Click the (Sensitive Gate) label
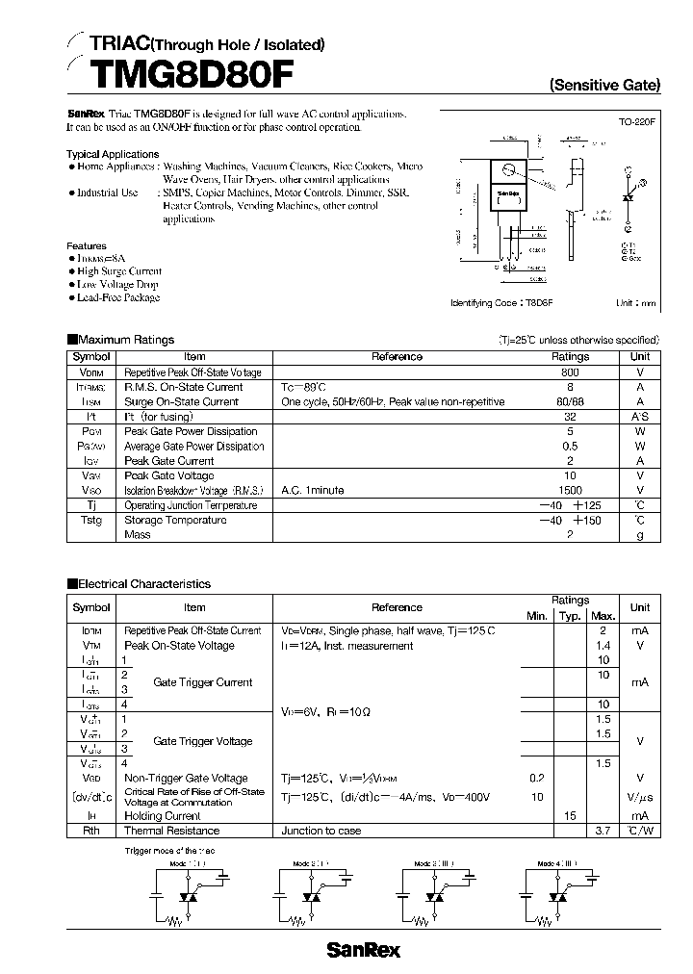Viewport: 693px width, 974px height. pos(604,85)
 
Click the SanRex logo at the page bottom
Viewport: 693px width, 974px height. pos(363,950)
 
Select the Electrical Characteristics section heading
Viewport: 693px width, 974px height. pos(142,584)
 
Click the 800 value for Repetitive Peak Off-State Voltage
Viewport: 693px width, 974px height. pos(569,372)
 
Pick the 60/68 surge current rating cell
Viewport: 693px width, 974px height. pos(569,402)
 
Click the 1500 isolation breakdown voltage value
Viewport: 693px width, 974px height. pos(569,491)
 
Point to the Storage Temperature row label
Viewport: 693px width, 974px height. pos(175,521)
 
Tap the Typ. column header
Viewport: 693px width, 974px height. pos(570,616)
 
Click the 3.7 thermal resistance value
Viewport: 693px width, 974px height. pos(603,831)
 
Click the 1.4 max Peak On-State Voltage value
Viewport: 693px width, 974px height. pos(603,646)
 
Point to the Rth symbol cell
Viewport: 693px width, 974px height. pos(91,831)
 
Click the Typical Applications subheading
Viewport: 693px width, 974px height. pos(113,154)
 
